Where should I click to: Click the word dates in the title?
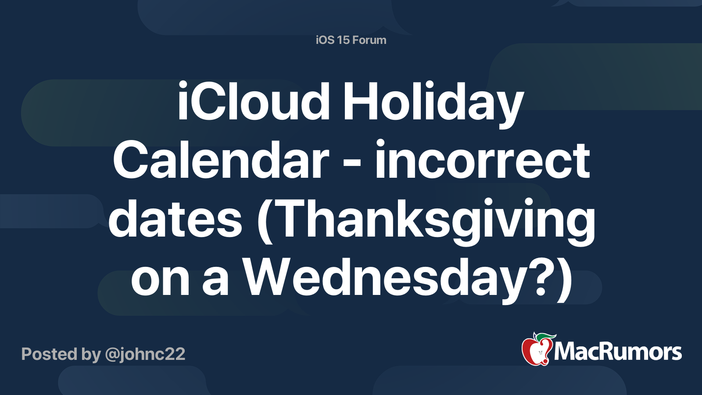coord(175,219)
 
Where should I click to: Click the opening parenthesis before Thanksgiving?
coord(265,219)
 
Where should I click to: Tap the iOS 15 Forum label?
coord(351,40)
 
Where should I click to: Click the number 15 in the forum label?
coord(343,40)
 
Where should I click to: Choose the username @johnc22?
coord(145,354)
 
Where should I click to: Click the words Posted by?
coord(61,354)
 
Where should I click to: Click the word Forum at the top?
coord(369,40)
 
